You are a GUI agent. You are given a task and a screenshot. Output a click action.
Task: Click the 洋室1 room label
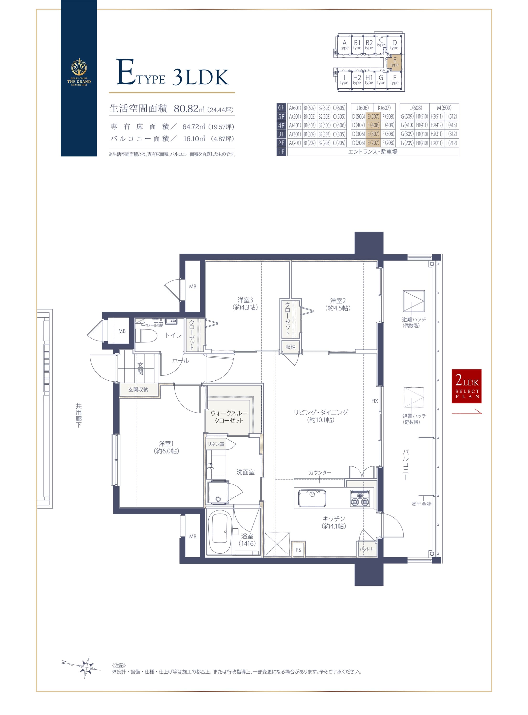tap(166, 448)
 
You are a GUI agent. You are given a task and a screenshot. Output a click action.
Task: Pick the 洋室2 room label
tap(338, 304)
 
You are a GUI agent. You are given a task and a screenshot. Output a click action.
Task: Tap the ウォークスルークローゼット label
tap(229, 417)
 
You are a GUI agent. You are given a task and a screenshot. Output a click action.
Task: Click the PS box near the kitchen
tap(298, 549)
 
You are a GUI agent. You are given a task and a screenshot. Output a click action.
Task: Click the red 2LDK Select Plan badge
tap(466, 386)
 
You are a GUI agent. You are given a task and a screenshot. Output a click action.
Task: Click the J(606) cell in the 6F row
tap(362, 108)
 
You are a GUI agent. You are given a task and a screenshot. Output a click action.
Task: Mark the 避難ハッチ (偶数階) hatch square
tap(414, 301)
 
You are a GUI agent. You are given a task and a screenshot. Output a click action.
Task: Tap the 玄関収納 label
tap(138, 390)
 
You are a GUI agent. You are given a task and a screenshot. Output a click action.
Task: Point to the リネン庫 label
tap(216, 444)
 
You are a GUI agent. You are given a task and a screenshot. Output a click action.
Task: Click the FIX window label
tap(375, 401)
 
